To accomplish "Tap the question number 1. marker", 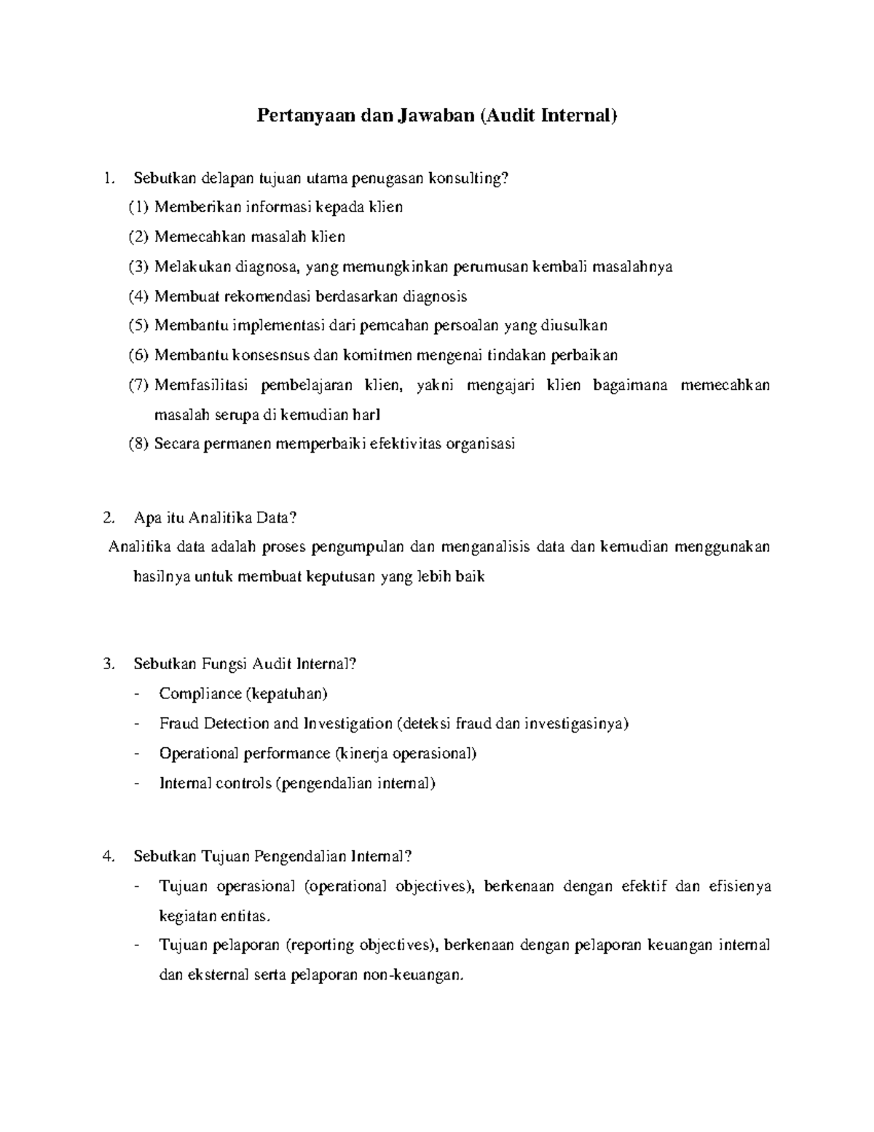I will pyautogui.click(x=109, y=178).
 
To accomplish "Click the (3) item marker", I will pyautogui.click(x=138, y=267).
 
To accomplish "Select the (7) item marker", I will pyautogui.click(x=138, y=386).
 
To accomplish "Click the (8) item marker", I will pyautogui.click(x=138, y=445).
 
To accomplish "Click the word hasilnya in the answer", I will pyautogui.click(x=162, y=577).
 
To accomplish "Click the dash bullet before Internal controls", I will pyautogui.click(x=138, y=784).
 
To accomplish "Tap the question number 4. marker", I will pyautogui.click(x=109, y=856).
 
